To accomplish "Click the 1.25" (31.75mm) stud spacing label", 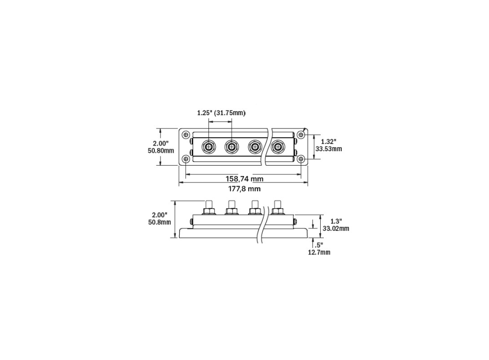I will point(221,113).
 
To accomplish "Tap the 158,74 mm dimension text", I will point(245,179).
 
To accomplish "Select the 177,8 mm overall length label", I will point(244,189).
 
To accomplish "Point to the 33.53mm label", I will point(329,149).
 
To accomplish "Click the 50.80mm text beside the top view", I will point(161,151).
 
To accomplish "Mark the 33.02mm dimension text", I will point(335,228).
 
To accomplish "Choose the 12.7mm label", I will point(320,253).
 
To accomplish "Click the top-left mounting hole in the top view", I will point(186,134).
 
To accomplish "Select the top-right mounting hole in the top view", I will point(301,134).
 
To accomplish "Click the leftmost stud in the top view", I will point(208,147).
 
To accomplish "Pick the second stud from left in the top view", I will point(232,147).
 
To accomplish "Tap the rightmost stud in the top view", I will point(278,147).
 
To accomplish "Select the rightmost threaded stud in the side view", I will point(278,203).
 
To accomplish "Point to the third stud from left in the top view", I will point(255,147).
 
